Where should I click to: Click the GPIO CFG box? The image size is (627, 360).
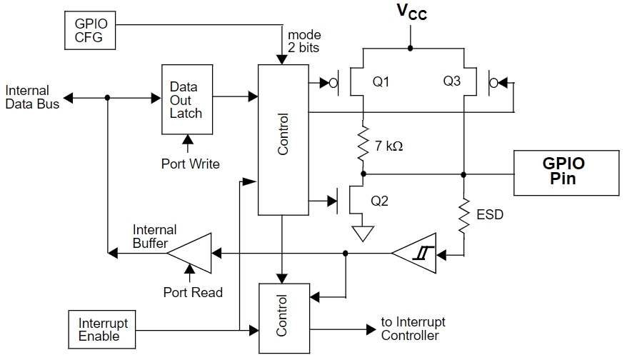pyautogui.click(x=90, y=31)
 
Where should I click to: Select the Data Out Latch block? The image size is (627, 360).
pyautogui.click(x=187, y=99)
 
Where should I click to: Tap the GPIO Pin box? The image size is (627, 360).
pyautogui.click(x=566, y=173)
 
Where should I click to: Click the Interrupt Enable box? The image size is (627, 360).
pyautogui.click(x=102, y=329)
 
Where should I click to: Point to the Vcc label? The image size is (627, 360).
pyautogui.click(x=412, y=11)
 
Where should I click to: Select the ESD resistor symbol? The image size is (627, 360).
pyautogui.click(x=464, y=216)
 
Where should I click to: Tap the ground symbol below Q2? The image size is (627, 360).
pyautogui.click(x=363, y=234)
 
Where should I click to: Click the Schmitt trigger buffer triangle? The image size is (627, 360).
pyautogui.click(x=414, y=253)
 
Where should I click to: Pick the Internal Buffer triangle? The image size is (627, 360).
pyautogui.click(x=189, y=253)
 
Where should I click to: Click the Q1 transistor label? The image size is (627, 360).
pyautogui.click(x=381, y=81)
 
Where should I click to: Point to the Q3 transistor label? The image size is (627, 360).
pyautogui.click(x=452, y=81)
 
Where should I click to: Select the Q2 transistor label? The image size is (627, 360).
pyautogui.click(x=379, y=201)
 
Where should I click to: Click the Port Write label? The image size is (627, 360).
pyautogui.click(x=191, y=164)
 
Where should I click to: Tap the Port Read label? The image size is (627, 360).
pyautogui.click(x=193, y=292)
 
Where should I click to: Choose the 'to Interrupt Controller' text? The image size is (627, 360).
pyautogui.click(x=413, y=329)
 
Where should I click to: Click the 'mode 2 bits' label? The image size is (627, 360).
pyautogui.click(x=304, y=41)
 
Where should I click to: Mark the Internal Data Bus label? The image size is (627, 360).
pyautogui.click(x=32, y=97)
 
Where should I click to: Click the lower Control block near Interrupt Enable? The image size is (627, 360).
pyautogui.click(x=284, y=319)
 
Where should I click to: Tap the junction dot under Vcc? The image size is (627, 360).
pyautogui.click(x=411, y=49)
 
